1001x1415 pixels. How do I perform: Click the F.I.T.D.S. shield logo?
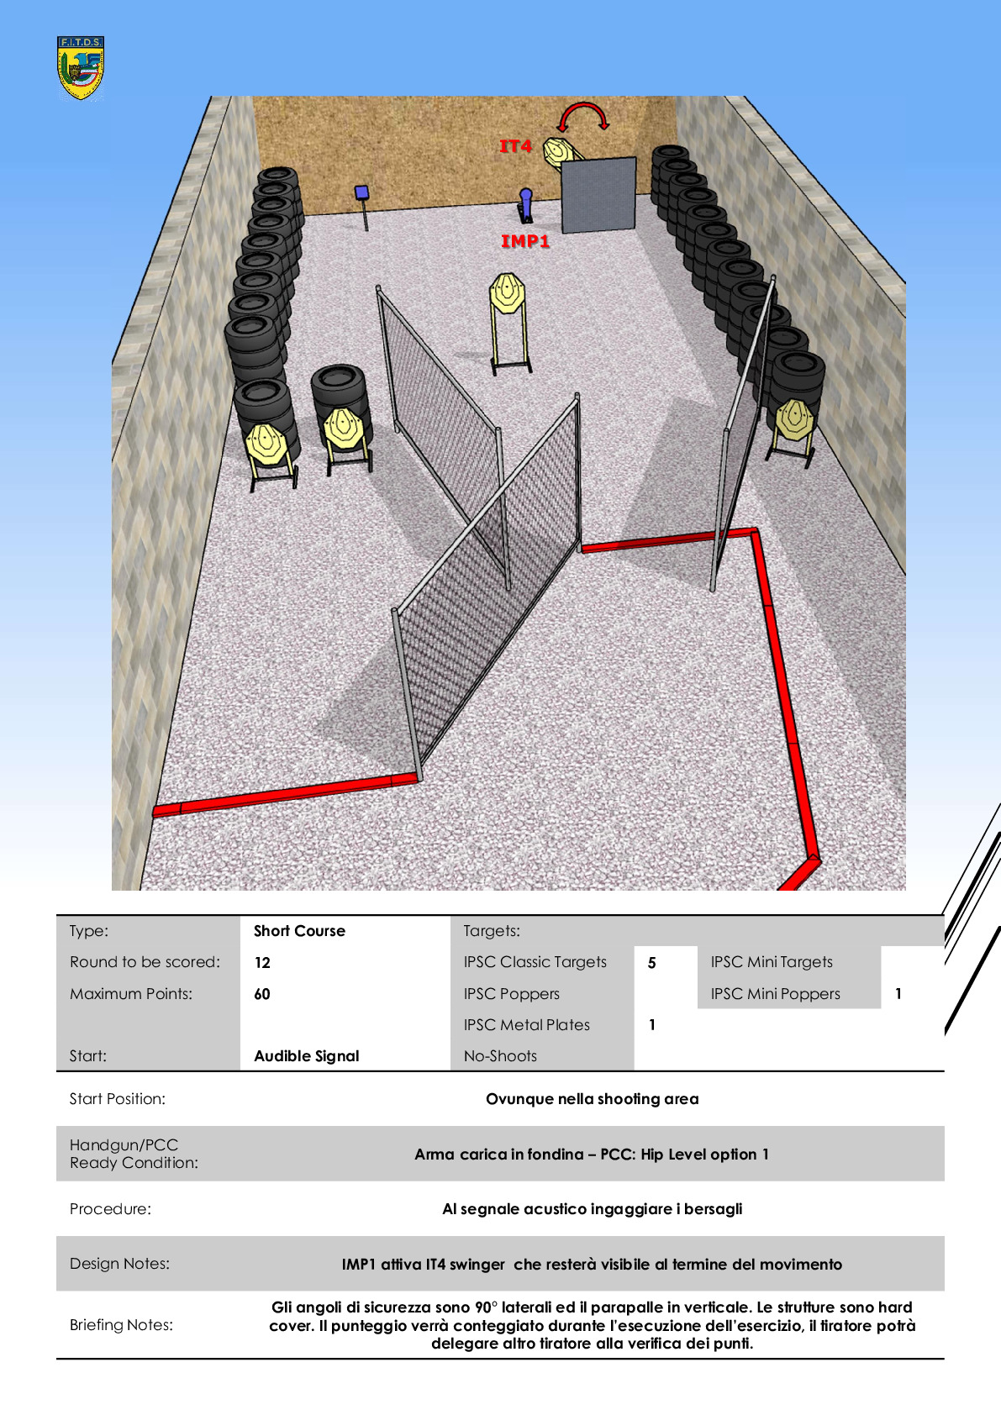point(80,67)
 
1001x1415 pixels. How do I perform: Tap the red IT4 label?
point(516,146)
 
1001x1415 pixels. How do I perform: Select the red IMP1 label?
point(525,240)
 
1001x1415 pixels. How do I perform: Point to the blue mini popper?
point(525,205)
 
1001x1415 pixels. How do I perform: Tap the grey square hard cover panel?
point(598,195)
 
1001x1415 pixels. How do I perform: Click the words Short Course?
point(299,930)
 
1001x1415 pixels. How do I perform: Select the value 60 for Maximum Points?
point(262,994)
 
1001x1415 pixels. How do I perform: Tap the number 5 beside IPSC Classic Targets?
point(652,963)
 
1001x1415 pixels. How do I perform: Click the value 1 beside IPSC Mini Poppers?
point(898,994)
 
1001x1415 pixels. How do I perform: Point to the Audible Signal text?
point(307,1055)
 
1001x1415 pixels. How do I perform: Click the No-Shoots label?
point(501,1055)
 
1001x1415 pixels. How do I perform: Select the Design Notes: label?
point(119,1264)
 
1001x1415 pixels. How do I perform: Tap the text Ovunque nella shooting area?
point(593,1098)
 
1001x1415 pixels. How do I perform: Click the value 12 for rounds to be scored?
point(262,963)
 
